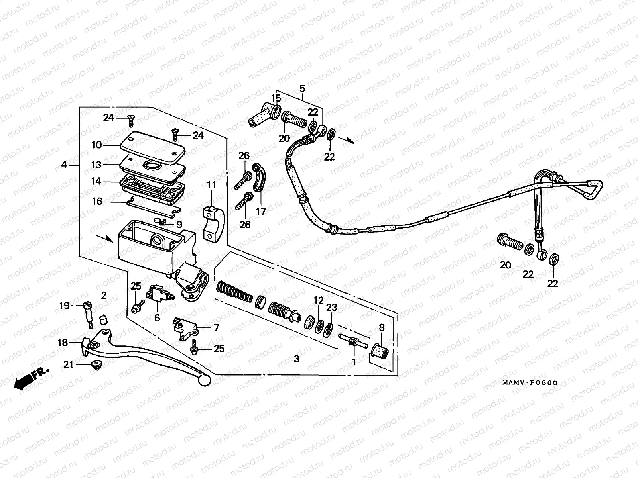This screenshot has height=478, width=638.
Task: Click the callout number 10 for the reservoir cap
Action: (x=96, y=145)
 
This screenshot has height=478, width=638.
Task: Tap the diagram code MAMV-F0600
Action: (x=529, y=383)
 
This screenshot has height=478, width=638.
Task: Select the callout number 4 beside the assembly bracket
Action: (x=65, y=165)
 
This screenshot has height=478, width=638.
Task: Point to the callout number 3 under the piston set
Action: (x=296, y=358)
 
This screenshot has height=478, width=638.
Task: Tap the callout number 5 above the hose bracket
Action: (x=302, y=88)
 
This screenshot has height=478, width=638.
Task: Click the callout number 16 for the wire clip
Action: (x=97, y=202)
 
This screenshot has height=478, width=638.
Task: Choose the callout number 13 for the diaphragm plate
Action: (x=96, y=165)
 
